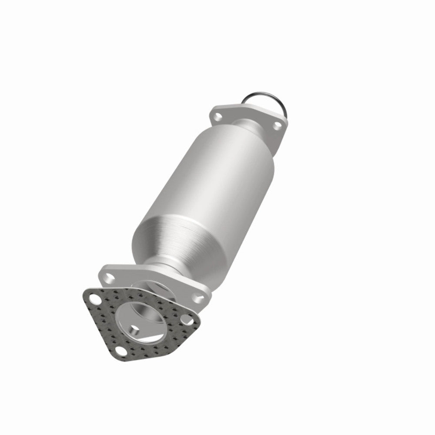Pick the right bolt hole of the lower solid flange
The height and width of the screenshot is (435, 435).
point(200,298)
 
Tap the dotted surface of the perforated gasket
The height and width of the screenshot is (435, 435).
point(104,322)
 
